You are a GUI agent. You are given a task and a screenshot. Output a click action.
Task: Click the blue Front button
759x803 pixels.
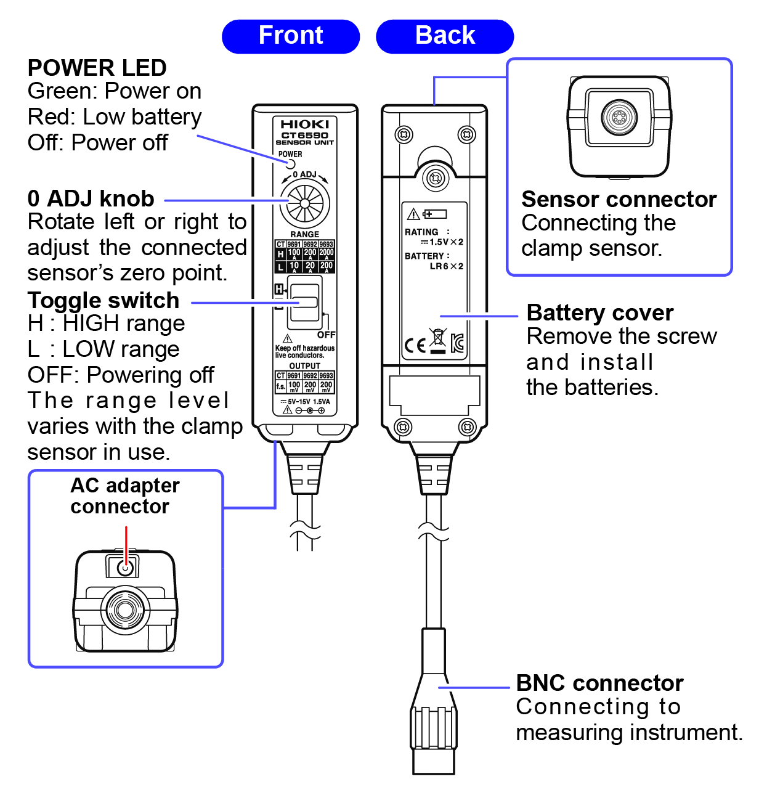pos(290,36)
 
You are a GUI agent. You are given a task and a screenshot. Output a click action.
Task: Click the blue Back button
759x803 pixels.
pos(444,36)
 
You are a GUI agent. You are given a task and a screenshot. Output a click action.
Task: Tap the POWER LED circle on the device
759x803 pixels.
pos(290,164)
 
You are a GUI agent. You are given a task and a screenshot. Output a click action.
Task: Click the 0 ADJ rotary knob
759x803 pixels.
pos(305,203)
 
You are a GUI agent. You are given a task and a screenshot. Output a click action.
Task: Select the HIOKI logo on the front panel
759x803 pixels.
pos(305,124)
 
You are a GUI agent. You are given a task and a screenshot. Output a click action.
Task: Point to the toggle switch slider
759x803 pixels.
pos(304,303)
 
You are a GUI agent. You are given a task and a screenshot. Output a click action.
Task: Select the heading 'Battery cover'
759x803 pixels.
pos(600,313)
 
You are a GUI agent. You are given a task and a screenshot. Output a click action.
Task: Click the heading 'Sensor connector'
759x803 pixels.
pos(619,200)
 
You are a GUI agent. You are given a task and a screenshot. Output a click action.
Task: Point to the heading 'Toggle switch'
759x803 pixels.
pos(103,301)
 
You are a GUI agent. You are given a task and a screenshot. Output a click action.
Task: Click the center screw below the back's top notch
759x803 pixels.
pos(435,179)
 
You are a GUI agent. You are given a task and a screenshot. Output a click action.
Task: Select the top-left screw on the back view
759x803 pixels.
pos(404,134)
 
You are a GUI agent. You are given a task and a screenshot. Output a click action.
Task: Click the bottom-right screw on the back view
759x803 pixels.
pos(467,426)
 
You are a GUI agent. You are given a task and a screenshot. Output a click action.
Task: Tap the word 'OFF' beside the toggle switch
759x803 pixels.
pos(326,335)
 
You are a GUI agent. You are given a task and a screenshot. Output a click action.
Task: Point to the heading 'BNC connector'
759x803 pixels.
pos(599,683)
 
